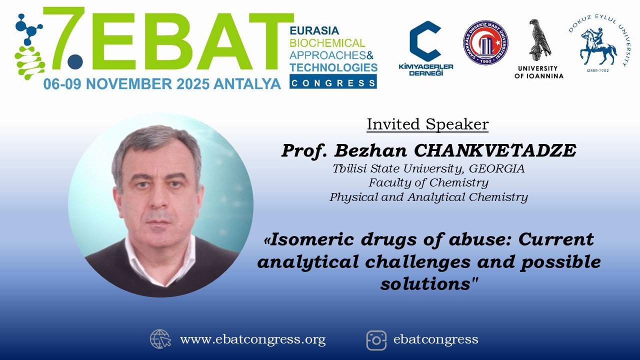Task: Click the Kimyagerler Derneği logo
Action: pyautogui.click(x=425, y=48)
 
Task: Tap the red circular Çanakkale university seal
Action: pyautogui.click(x=485, y=42)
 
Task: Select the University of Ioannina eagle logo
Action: pyautogui.click(x=539, y=49)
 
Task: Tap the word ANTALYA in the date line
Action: pyautogui.click(x=247, y=84)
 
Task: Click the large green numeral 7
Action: pyautogui.click(x=64, y=37)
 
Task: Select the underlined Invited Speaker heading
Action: pyautogui.click(x=427, y=124)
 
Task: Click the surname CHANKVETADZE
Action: pyautogui.click(x=495, y=150)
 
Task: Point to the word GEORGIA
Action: pyautogui.click(x=497, y=168)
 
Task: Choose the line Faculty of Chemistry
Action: pyautogui.click(x=428, y=182)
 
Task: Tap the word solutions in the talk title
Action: pyautogui.click(x=425, y=283)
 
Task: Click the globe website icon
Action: pyautogui.click(x=160, y=339)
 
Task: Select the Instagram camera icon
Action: pyautogui.click(x=376, y=340)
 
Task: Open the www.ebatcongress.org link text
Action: pyautogui.click(x=253, y=339)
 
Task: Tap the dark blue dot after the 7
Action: pyautogui.click(x=75, y=61)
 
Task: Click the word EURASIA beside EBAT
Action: pyautogui.click(x=314, y=30)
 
